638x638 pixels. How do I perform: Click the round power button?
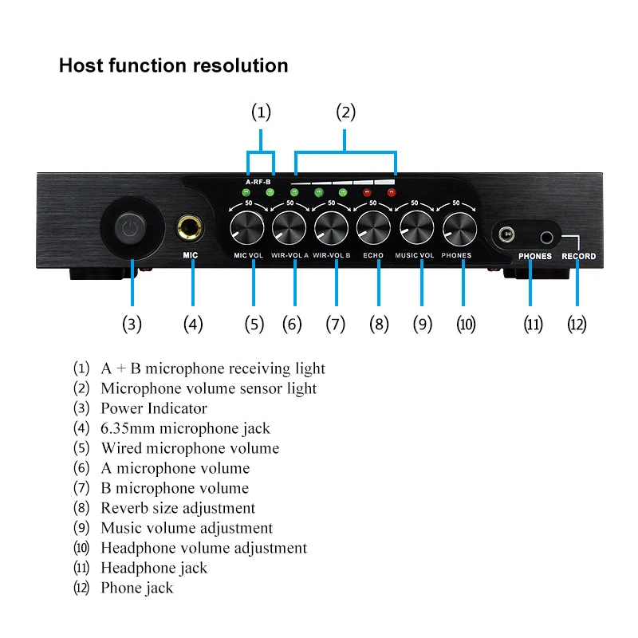[x=130, y=228]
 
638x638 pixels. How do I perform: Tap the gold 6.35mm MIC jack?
[x=190, y=228]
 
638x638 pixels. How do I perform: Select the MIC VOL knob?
[x=247, y=228]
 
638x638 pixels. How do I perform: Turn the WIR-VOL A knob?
[x=289, y=228]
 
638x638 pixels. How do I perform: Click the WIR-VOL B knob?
[x=331, y=228]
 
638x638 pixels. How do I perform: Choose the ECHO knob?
[x=373, y=228]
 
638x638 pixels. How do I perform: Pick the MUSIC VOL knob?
[x=416, y=228]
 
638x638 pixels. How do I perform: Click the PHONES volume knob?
[x=459, y=229]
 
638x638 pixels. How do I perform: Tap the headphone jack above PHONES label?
[x=506, y=234]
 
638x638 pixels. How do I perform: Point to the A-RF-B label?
[x=258, y=182]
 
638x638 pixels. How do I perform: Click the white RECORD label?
[x=579, y=256]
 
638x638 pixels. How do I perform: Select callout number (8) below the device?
[x=379, y=325]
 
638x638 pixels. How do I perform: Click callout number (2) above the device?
[x=346, y=112]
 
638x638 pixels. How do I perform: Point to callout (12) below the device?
[x=577, y=325]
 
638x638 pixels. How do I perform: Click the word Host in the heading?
[x=81, y=65]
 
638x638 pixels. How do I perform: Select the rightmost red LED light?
[x=392, y=192]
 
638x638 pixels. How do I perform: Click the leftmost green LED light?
[x=246, y=192]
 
